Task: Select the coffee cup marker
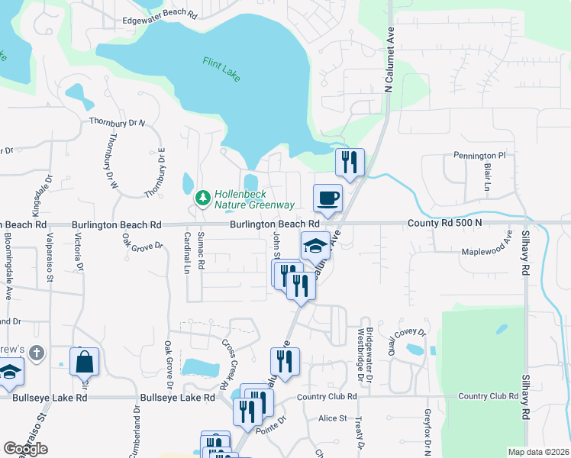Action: (327, 198)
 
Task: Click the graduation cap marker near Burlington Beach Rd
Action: (315, 246)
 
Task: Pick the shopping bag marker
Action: (84, 362)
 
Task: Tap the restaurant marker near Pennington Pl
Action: (350, 162)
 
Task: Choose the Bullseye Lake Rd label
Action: (177, 398)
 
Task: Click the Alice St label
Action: (332, 418)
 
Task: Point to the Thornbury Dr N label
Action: (117, 122)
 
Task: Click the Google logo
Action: (25, 449)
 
